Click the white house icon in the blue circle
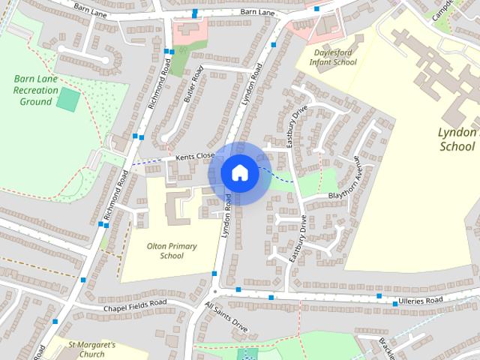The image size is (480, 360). click(x=239, y=172)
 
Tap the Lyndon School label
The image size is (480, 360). click(x=457, y=139)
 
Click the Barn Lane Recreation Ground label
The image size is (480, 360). click(x=35, y=89)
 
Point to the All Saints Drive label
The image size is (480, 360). click(x=226, y=318)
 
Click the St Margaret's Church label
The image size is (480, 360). click(x=91, y=349)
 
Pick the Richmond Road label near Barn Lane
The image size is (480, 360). click(x=160, y=82)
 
